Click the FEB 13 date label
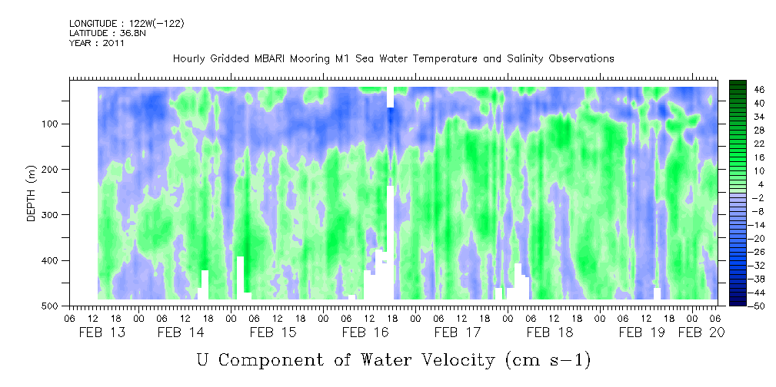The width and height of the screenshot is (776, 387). [103, 332]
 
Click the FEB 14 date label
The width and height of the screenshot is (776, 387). [181, 332]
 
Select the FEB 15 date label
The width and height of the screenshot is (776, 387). [272, 332]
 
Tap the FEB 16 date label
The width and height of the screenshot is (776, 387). [365, 332]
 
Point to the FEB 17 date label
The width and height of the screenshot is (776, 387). [458, 332]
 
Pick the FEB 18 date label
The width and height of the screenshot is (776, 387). [550, 332]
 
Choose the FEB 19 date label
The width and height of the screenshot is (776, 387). [642, 332]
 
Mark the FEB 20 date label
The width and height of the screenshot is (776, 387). [700, 332]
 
